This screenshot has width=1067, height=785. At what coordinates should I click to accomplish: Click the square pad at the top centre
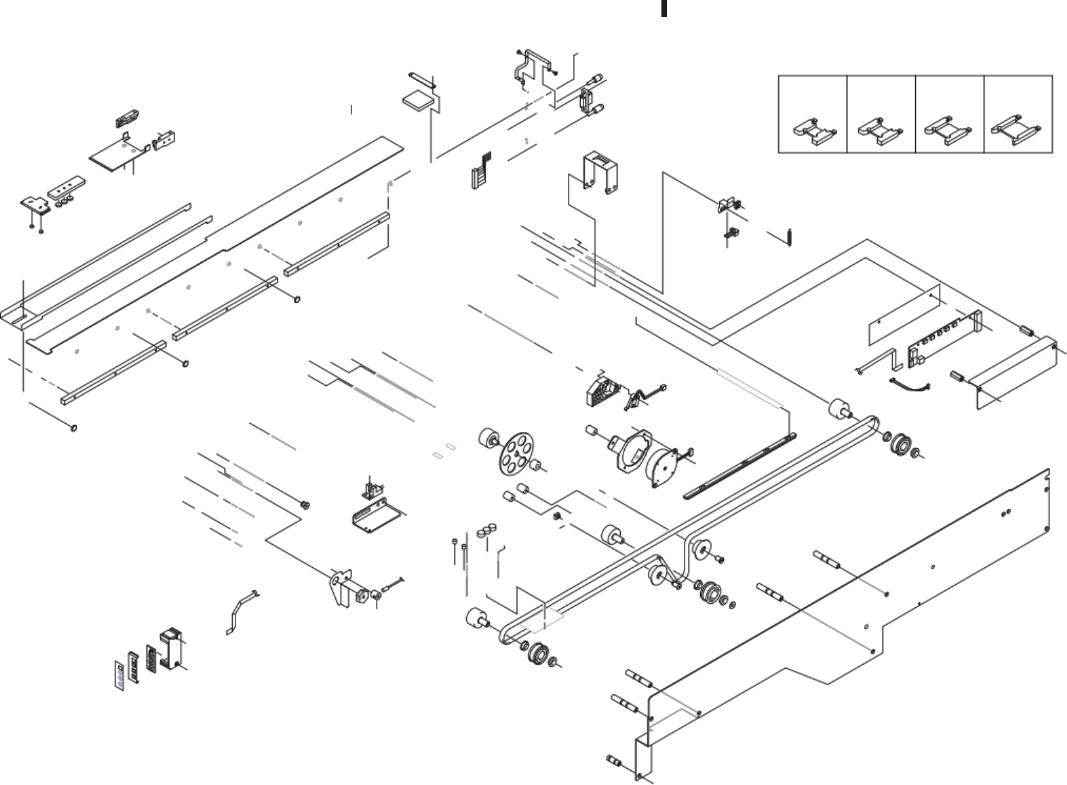418,98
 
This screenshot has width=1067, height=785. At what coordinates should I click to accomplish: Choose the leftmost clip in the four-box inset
814,130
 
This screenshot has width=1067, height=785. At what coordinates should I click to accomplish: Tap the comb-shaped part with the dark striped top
480,170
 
